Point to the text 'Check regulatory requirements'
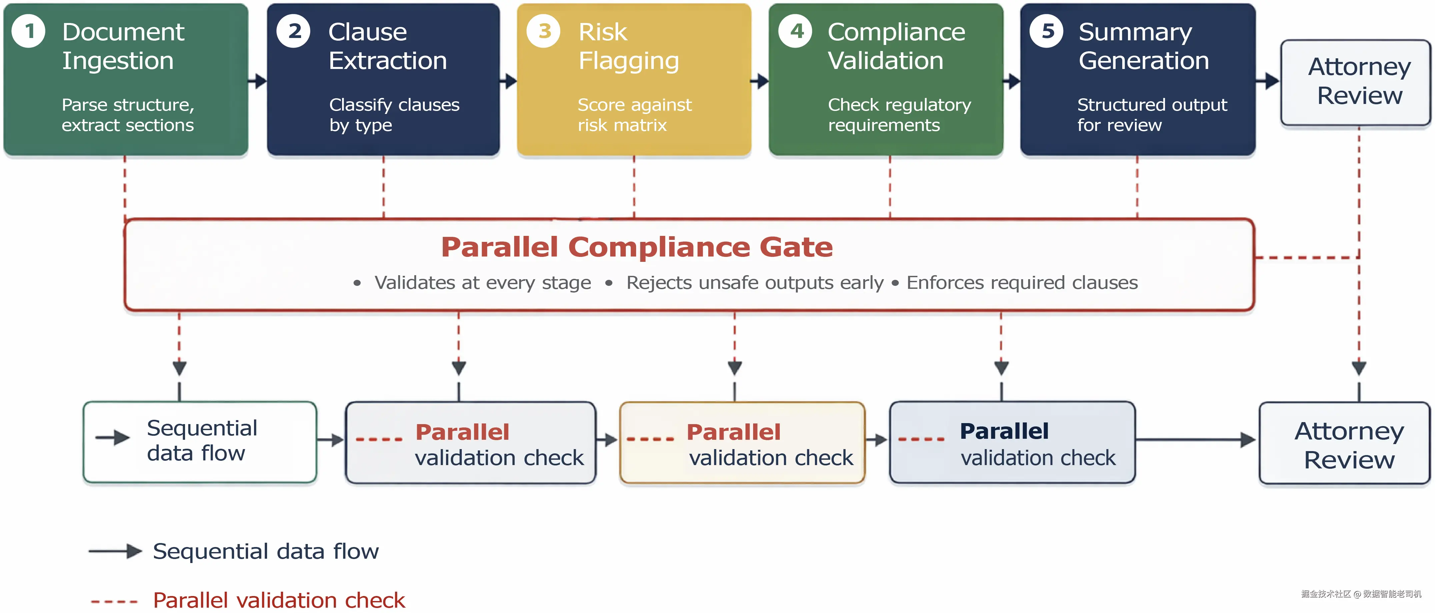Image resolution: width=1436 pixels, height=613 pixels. [x=899, y=115]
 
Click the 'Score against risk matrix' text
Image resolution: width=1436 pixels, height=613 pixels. [x=634, y=115]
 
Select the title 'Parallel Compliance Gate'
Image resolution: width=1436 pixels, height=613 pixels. [x=636, y=247]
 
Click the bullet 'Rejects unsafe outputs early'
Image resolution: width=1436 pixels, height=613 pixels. [x=755, y=283]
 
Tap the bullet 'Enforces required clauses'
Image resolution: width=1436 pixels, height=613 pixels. [x=1022, y=283]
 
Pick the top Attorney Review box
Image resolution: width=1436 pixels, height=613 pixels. [x=1355, y=83]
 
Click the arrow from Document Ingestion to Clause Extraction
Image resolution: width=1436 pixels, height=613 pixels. [x=257, y=81]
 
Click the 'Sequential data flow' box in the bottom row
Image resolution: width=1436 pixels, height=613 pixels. [x=200, y=442]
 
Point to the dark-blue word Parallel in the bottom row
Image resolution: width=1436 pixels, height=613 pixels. [x=1004, y=431]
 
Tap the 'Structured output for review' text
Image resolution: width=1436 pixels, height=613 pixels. [x=1152, y=115]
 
